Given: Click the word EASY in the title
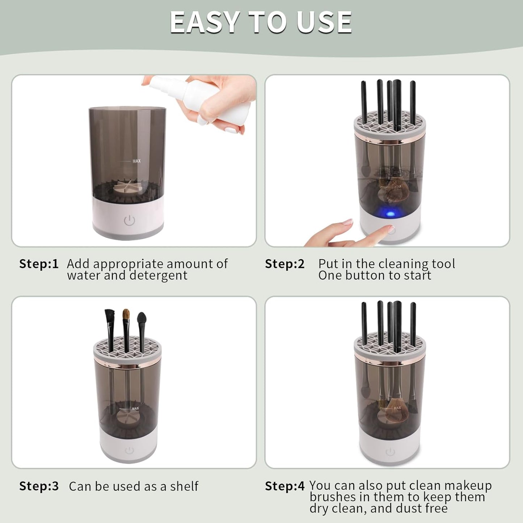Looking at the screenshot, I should (x=205, y=22).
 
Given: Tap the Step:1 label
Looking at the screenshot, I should (x=39, y=264).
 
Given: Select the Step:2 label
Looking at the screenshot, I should (x=285, y=264).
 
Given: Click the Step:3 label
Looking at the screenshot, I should (x=39, y=486).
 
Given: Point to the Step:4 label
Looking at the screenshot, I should (x=285, y=486).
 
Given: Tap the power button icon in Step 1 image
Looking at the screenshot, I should (x=129, y=220).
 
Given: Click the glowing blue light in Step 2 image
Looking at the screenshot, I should (x=390, y=214).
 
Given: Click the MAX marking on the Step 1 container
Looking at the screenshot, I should (x=136, y=161).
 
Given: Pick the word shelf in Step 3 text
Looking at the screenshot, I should (x=184, y=486).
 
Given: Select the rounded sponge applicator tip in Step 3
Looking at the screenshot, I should (x=142, y=318).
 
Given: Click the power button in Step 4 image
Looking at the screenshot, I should (x=390, y=452).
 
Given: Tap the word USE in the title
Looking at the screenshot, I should (x=324, y=22).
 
